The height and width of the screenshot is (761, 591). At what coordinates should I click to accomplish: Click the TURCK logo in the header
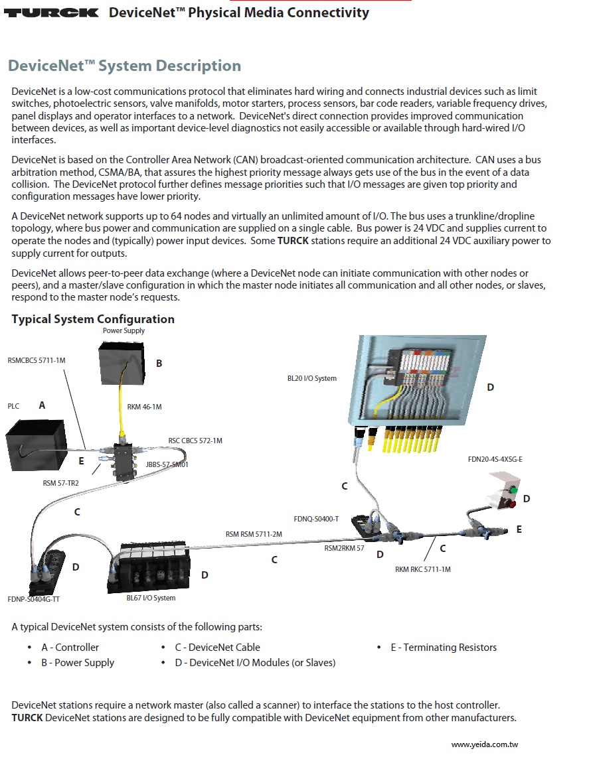[52, 13]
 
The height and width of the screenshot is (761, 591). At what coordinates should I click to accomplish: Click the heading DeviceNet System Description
[124, 66]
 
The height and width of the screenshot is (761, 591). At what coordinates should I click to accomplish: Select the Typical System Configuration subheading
[93, 319]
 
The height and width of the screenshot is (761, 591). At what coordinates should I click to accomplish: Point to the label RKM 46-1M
[144, 407]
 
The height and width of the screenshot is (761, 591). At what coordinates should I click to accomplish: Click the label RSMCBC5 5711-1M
[37, 361]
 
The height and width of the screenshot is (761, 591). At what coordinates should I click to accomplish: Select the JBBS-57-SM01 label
[167, 464]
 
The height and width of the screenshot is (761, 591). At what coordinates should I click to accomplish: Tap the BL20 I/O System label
[311, 379]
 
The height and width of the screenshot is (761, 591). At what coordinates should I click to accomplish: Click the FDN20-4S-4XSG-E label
[495, 459]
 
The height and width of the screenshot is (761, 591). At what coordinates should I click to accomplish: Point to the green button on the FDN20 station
[513, 491]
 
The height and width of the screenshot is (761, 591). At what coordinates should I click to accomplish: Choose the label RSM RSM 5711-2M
[254, 534]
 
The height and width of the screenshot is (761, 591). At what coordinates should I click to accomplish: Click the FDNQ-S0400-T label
[316, 519]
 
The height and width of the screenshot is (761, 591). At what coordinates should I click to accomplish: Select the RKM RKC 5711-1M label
[422, 569]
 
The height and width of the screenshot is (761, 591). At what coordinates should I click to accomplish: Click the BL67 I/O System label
[151, 598]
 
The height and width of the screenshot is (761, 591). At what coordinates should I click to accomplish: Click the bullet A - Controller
[70, 648]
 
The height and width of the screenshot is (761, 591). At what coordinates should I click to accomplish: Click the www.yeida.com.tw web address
[484, 745]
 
